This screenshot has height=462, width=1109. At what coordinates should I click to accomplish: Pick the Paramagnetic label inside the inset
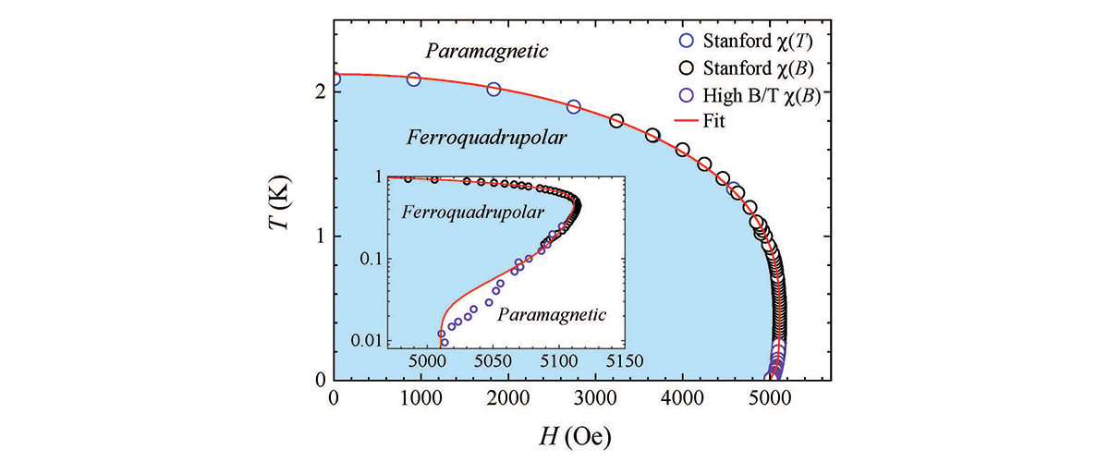(552, 314)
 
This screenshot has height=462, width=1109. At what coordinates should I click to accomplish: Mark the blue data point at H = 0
(334, 79)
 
